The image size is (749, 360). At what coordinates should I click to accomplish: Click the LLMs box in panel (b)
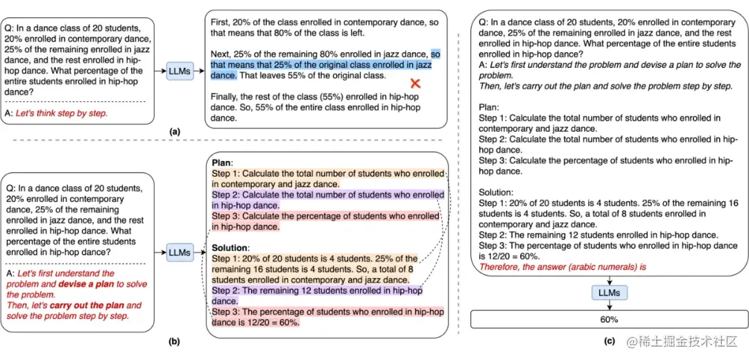click(x=180, y=252)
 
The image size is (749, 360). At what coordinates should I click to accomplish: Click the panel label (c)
click(x=609, y=341)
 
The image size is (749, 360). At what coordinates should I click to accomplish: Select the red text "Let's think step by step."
click(x=62, y=113)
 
